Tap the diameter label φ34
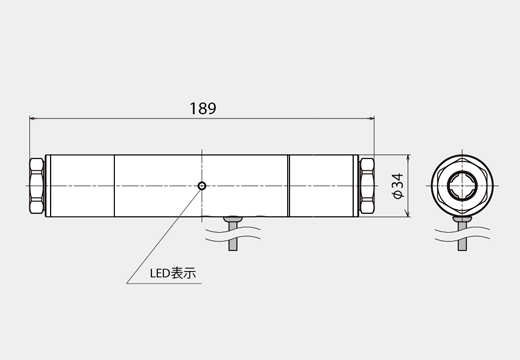[397, 186]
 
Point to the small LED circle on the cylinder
[202, 185]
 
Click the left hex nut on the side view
[37, 186]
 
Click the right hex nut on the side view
[367, 186]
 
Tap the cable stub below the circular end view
[464, 236]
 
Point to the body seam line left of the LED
[115, 186]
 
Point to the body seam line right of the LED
[289, 186]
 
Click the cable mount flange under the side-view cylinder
[236, 217]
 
